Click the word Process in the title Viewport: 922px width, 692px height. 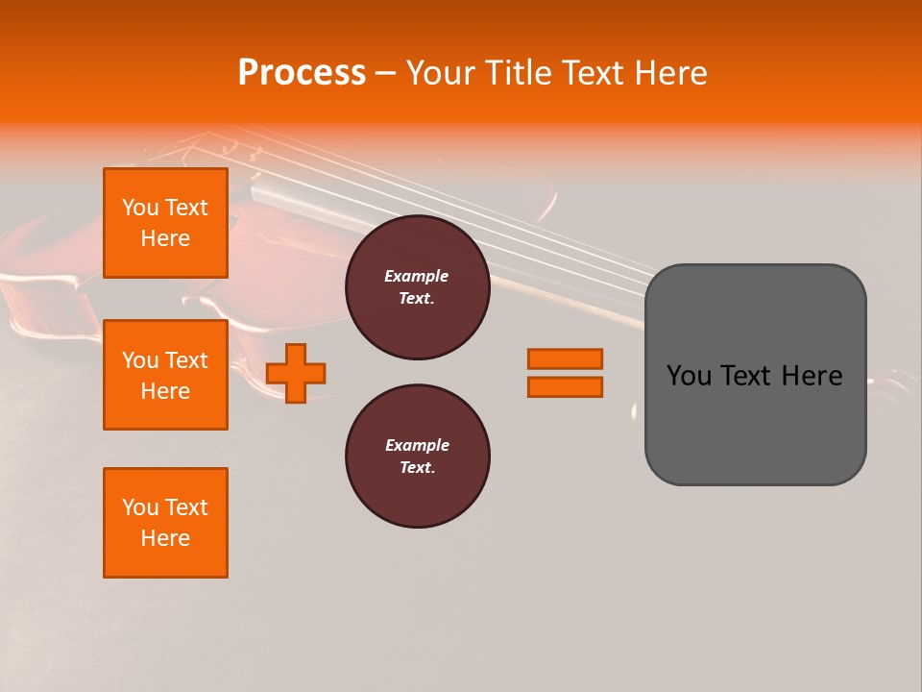coord(302,72)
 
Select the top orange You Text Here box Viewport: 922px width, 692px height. coord(165,223)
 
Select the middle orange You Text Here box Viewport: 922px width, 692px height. coord(165,375)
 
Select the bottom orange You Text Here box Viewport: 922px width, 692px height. coord(165,523)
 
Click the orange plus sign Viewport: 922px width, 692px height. coord(296,373)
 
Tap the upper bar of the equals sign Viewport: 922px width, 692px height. coord(565,358)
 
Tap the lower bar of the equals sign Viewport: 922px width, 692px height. coord(565,387)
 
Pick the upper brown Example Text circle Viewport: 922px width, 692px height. coord(417,287)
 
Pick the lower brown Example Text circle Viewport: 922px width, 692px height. coord(417,457)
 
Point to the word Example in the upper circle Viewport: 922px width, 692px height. coord(417,276)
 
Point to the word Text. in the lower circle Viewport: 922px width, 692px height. coord(417,468)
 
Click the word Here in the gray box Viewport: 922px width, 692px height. coord(812,376)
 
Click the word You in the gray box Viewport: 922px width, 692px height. coord(689,376)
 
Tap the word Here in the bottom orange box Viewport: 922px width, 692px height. coord(165,538)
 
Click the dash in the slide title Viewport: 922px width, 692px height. coord(385,73)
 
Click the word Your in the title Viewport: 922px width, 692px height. coord(440,73)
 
